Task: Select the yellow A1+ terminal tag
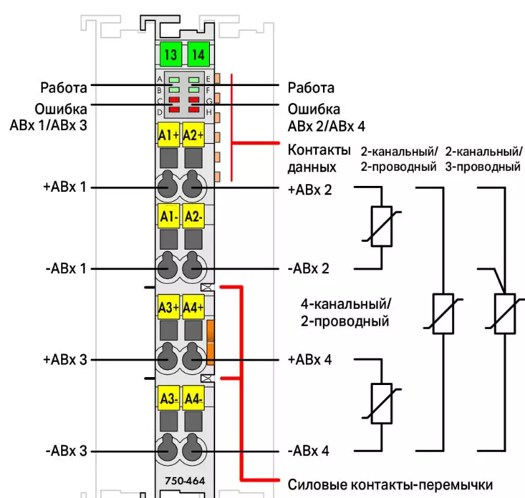(x=169, y=135)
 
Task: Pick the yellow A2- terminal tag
(x=194, y=215)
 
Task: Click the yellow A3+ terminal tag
(x=169, y=307)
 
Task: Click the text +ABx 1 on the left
(x=64, y=187)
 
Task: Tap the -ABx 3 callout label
(x=66, y=451)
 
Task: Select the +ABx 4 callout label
(x=310, y=360)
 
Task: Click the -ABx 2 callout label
(x=309, y=269)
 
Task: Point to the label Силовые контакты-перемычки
(x=390, y=486)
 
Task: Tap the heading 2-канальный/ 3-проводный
(x=484, y=158)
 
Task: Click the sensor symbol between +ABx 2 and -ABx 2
(x=382, y=227)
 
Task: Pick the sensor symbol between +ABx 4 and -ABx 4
(x=382, y=403)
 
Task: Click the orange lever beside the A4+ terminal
(x=211, y=342)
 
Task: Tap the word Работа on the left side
(x=63, y=87)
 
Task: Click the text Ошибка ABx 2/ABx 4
(x=324, y=116)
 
